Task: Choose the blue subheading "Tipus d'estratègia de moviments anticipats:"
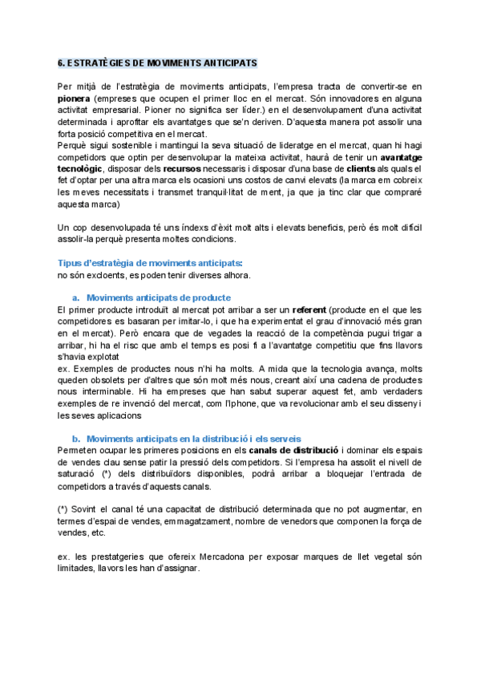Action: tap(150, 263)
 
